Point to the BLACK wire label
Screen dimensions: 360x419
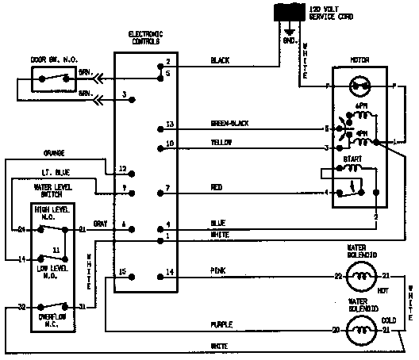(220, 59)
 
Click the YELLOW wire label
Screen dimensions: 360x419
(221, 143)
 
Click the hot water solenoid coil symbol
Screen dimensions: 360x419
(363, 276)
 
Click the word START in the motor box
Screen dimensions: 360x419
(352, 159)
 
